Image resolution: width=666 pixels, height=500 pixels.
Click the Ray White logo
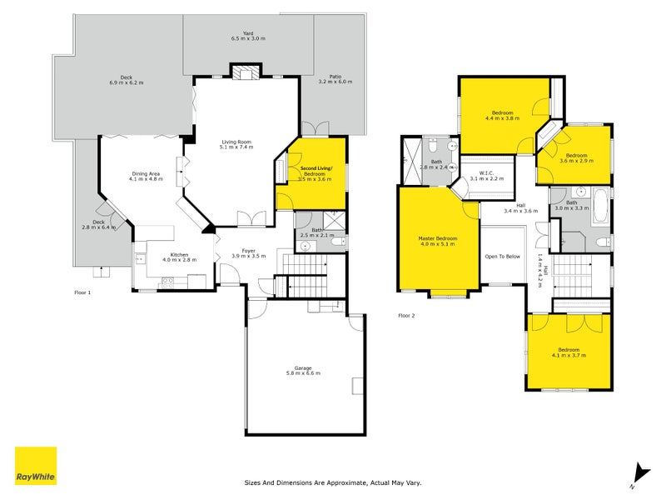[x=36, y=466]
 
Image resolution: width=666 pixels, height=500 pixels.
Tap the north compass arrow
[x=636, y=473]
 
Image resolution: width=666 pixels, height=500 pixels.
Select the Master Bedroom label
[x=437, y=242]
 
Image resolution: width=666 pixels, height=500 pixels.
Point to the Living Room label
[x=236, y=144]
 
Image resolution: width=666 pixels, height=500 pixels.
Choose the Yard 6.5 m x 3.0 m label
[x=247, y=36]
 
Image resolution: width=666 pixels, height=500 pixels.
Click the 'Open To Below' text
[x=503, y=257]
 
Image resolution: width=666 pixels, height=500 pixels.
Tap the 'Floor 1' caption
[x=82, y=292]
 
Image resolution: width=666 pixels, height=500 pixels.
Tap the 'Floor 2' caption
[x=406, y=316]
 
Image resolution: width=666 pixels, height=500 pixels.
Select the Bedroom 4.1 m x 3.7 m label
[x=569, y=352]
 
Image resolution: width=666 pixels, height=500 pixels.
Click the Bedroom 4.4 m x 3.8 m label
[x=502, y=115]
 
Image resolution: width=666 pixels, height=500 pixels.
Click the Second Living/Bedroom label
[x=316, y=172]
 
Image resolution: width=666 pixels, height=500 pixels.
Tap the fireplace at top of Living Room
[x=245, y=73]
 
